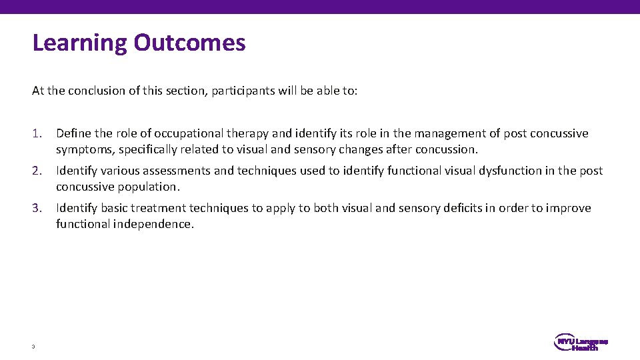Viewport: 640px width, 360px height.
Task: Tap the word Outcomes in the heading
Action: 189,43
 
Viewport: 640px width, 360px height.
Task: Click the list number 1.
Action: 37,133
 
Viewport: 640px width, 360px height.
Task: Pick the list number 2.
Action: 37,171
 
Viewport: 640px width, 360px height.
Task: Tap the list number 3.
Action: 37,208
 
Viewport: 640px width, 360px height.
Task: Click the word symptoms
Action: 85,149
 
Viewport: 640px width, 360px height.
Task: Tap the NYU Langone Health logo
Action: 581,343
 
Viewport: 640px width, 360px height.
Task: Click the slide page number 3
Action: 33,346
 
